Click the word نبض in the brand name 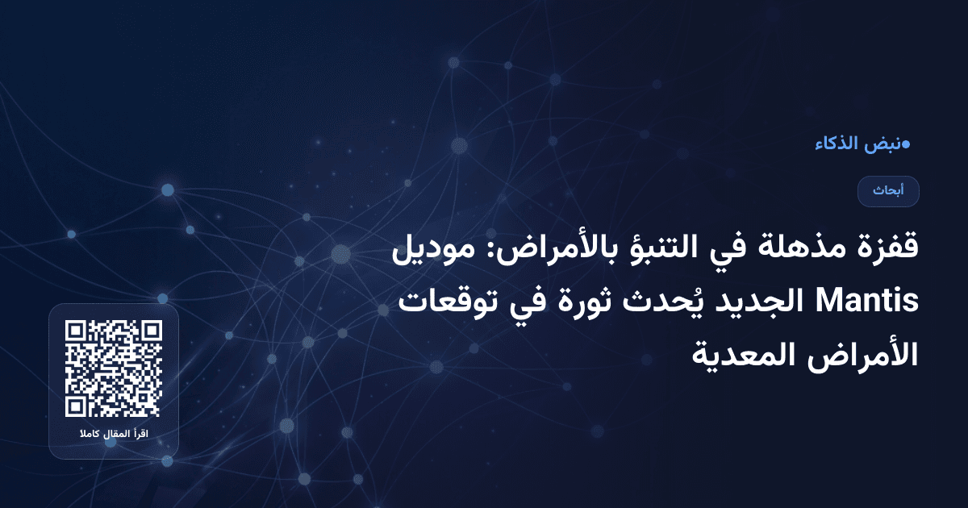(880, 144)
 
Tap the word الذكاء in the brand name (837, 144)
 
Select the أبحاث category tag (888, 191)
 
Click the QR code (114, 369)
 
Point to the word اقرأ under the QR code (140, 435)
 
